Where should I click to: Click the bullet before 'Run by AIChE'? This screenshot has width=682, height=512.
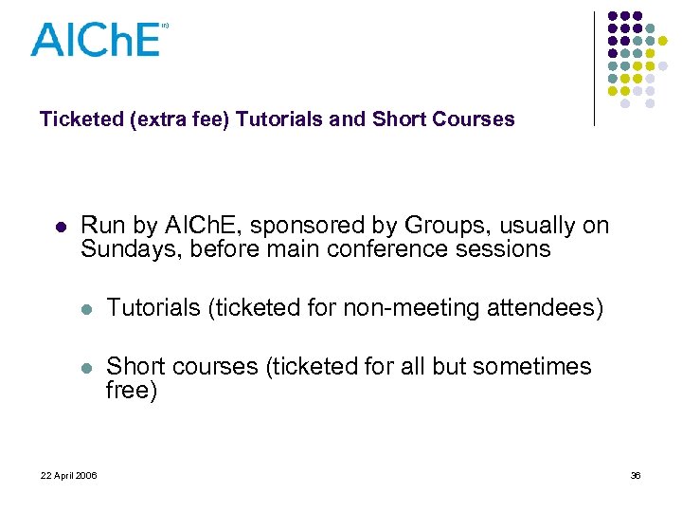(x=60, y=228)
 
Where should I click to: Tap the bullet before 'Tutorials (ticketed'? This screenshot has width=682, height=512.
(x=86, y=308)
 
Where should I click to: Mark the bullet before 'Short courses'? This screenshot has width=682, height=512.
(x=86, y=368)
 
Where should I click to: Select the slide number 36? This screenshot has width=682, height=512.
(x=636, y=475)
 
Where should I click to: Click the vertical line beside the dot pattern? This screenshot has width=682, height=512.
(x=595, y=68)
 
